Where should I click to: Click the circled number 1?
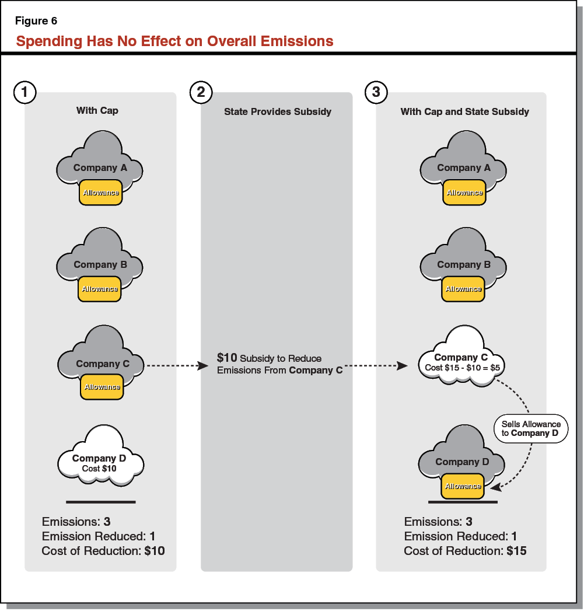tap(25, 92)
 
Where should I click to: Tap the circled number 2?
tap(201, 92)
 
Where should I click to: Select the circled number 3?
tap(376, 92)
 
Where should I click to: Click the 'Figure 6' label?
tap(36, 22)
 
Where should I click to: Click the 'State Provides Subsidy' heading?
tap(278, 111)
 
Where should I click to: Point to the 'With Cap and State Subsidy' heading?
tap(465, 111)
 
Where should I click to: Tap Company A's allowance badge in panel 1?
tap(101, 193)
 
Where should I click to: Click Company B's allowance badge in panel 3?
tap(463, 289)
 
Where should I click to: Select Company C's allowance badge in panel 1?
tap(102, 387)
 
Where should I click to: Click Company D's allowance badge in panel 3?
tap(463, 486)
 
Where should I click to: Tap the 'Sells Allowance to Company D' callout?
tap(531, 429)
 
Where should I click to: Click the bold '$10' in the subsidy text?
tap(226, 358)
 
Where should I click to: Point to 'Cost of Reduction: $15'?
tap(465, 550)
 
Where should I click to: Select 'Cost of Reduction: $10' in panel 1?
tap(103, 550)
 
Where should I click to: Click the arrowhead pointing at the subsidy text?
tap(203, 366)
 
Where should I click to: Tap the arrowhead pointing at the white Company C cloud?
tap(402, 366)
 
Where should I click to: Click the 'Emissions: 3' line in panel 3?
tap(438, 522)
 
